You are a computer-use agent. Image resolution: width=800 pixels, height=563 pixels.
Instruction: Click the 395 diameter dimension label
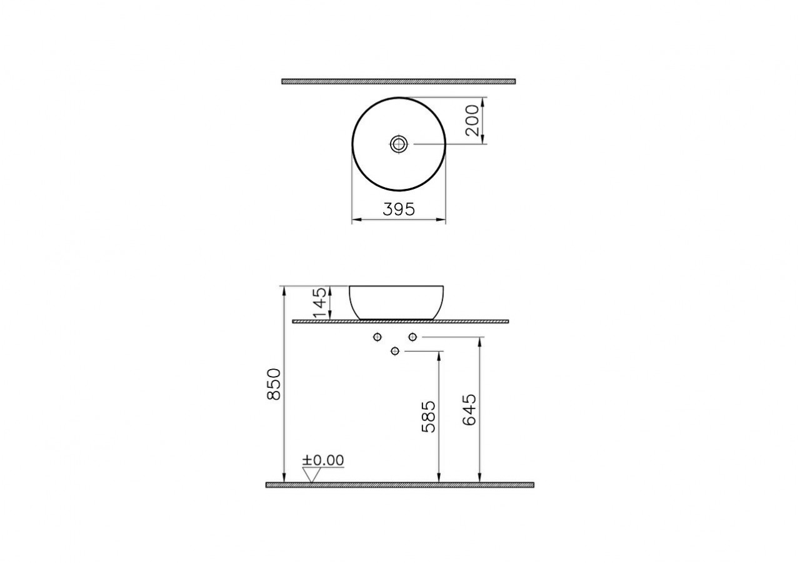(399, 210)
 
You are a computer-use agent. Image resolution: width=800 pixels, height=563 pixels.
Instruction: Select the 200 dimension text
(473, 121)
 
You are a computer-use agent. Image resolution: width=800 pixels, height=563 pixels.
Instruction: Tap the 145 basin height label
(320, 302)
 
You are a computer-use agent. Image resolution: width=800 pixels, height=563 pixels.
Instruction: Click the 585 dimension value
(429, 417)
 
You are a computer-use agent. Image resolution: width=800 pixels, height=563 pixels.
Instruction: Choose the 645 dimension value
(469, 410)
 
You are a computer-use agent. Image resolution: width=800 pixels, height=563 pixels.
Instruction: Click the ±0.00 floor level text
(323, 460)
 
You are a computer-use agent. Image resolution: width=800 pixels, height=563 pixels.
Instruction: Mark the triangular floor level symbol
(311, 475)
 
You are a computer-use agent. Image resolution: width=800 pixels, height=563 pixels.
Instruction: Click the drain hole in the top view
(398, 144)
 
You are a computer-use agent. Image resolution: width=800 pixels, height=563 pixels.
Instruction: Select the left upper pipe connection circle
(377, 337)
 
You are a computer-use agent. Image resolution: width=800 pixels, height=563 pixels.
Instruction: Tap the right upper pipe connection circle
(412, 337)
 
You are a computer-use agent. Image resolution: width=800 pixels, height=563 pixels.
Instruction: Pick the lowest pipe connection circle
(394, 351)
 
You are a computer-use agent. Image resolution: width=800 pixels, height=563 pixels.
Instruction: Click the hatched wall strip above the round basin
(398, 81)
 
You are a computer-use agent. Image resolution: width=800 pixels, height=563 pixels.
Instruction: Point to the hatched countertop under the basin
(400, 321)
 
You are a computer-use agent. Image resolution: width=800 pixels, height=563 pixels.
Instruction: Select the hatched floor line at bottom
(400, 485)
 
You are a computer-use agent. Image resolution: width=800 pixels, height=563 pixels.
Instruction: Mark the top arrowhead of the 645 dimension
(479, 342)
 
